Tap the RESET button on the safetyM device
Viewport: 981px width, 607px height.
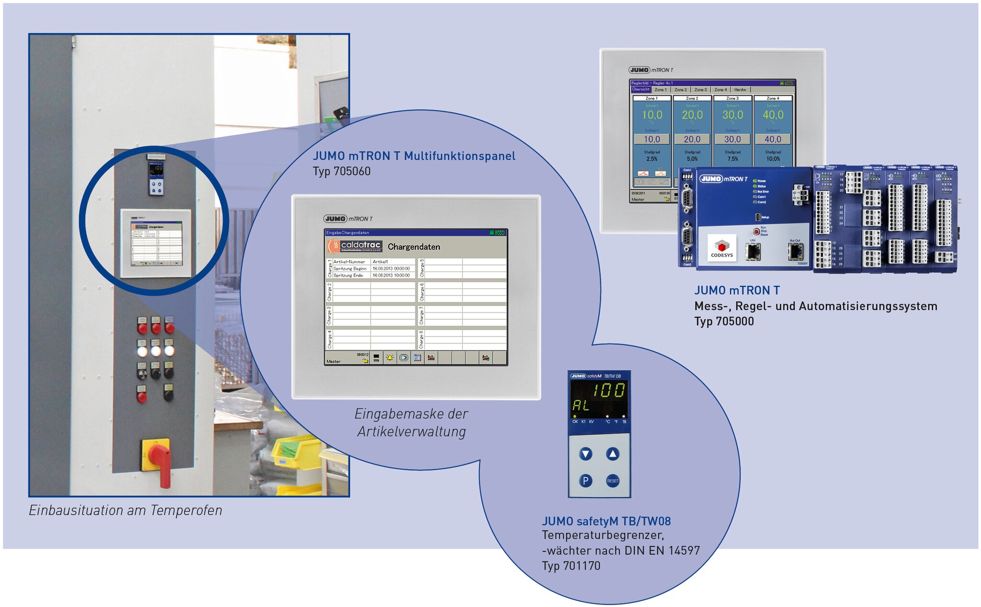tap(612, 481)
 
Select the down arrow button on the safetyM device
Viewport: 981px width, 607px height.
tap(585, 454)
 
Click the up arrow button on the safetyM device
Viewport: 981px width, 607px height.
tap(612, 453)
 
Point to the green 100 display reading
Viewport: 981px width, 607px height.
tap(608, 391)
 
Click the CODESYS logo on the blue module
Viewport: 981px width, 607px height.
tap(721, 248)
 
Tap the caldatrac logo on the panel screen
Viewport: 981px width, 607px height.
tap(355, 247)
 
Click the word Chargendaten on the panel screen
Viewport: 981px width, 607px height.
tap(413, 247)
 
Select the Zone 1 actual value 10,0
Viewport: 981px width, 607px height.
tap(652, 115)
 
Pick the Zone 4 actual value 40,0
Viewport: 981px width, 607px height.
tap(773, 115)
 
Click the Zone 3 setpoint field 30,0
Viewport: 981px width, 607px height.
tap(732, 139)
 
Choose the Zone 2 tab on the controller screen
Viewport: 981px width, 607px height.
tap(680, 90)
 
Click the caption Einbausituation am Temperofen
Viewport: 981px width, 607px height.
tap(125, 510)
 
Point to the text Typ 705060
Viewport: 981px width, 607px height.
tap(342, 171)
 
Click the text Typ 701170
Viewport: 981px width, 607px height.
tap(571, 566)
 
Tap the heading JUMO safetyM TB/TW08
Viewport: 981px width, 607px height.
tap(606, 521)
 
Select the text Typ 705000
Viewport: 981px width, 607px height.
tap(724, 321)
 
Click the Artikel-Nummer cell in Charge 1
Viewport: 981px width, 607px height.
tap(349, 262)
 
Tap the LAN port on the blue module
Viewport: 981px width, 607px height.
tap(753, 251)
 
